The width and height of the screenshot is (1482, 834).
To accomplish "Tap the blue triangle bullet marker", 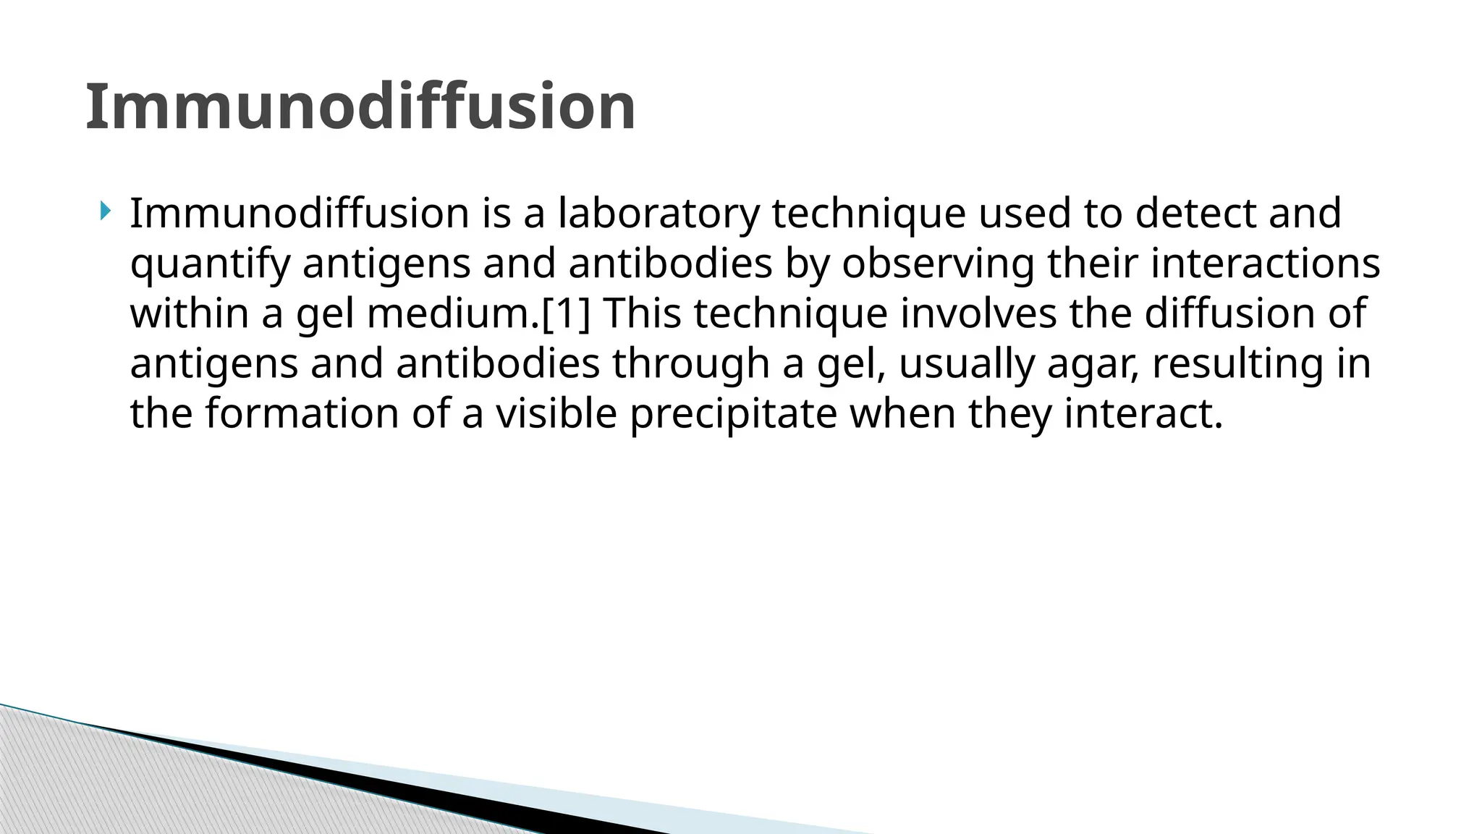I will pyautogui.click(x=106, y=212).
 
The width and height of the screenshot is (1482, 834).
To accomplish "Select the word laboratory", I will pyautogui.click(x=659, y=214).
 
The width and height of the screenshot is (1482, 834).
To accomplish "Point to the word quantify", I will pyautogui.click(x=210, y=265).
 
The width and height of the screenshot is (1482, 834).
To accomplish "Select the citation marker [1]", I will pyautogui.click(x=566, y=314).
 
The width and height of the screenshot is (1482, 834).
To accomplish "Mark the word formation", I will pyautogui.click(x=302, y=414).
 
